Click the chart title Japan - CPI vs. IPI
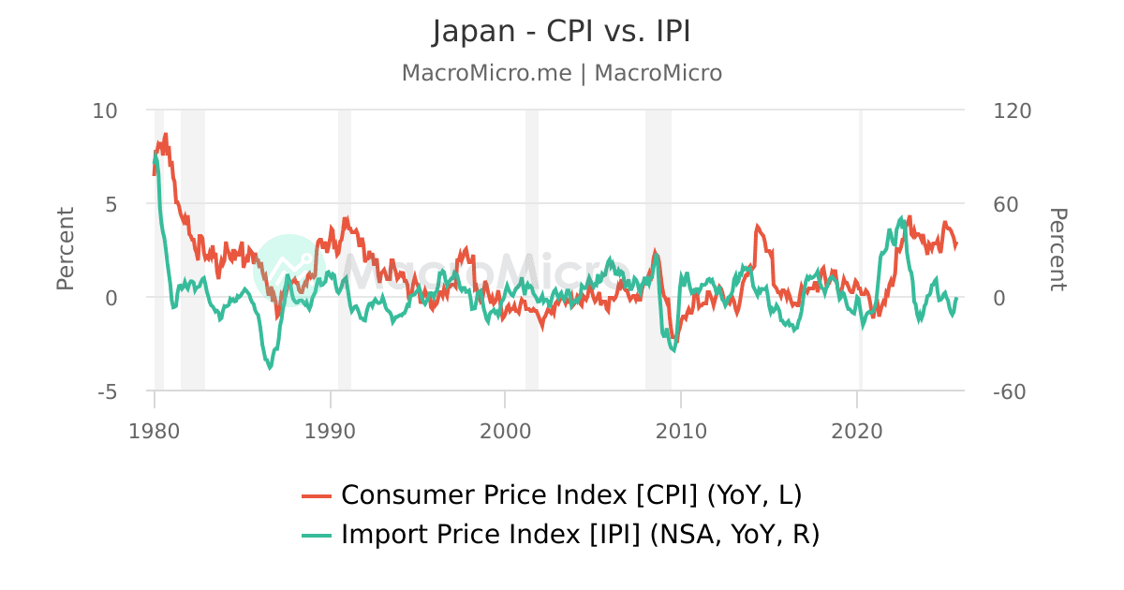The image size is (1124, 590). pyautogui.click(x=561, y=32)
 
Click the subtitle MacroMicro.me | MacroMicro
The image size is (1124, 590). pyautogui.click(x=561, y=73)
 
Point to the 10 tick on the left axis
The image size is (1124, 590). pyautogui.click(x=105, y=111)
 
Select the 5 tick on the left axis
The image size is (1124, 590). pyautogui.click(x=111, y=203)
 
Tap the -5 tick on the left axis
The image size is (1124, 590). pyautogui.click(x=107, y=391)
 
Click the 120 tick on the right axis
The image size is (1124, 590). pyautogui.click(x=1011, y=111)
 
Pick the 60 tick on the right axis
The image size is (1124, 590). pyautogui.click(x=1005, y=203)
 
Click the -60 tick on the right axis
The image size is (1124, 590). pyautogui.click(x=1010, y=391)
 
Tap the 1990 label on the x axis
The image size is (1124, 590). pyautogui.click(x=330, y=431)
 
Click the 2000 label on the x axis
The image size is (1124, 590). pyautogui.click(x=505, y=431)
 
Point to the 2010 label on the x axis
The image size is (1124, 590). pyautogui.click(x=681, y=431)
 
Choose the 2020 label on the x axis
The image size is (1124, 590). pyautogui.click(x=857, y=431)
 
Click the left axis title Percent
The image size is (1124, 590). pyautogui.click(x=65, y=249)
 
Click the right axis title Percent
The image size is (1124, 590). pyautogui.click(x=1057, y=249)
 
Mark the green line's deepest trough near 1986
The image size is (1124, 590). pyautogui.click(x=270, y=368)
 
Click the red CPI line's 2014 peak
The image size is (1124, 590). pyautogui.click(x=757, y=226)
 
